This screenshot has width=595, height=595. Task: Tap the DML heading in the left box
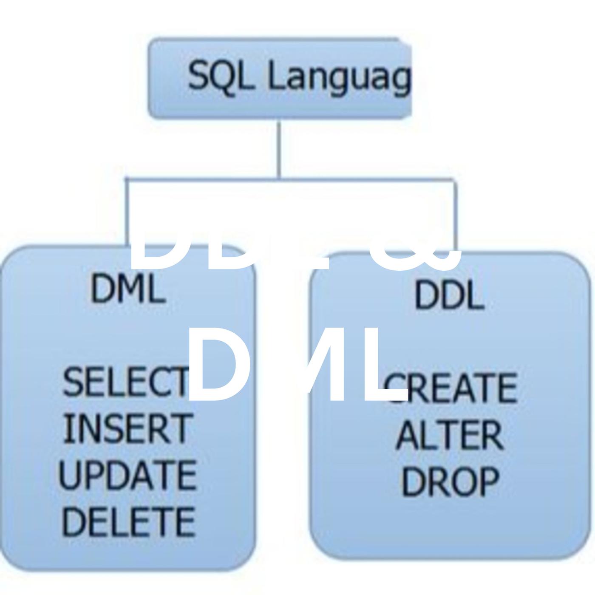coord(127,289)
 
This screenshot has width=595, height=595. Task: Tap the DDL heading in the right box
coord(449,295)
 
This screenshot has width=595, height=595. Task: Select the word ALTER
coord(449,436)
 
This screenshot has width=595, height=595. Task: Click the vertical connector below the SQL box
coord(279,149)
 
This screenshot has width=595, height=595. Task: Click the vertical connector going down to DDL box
coord(455,212)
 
